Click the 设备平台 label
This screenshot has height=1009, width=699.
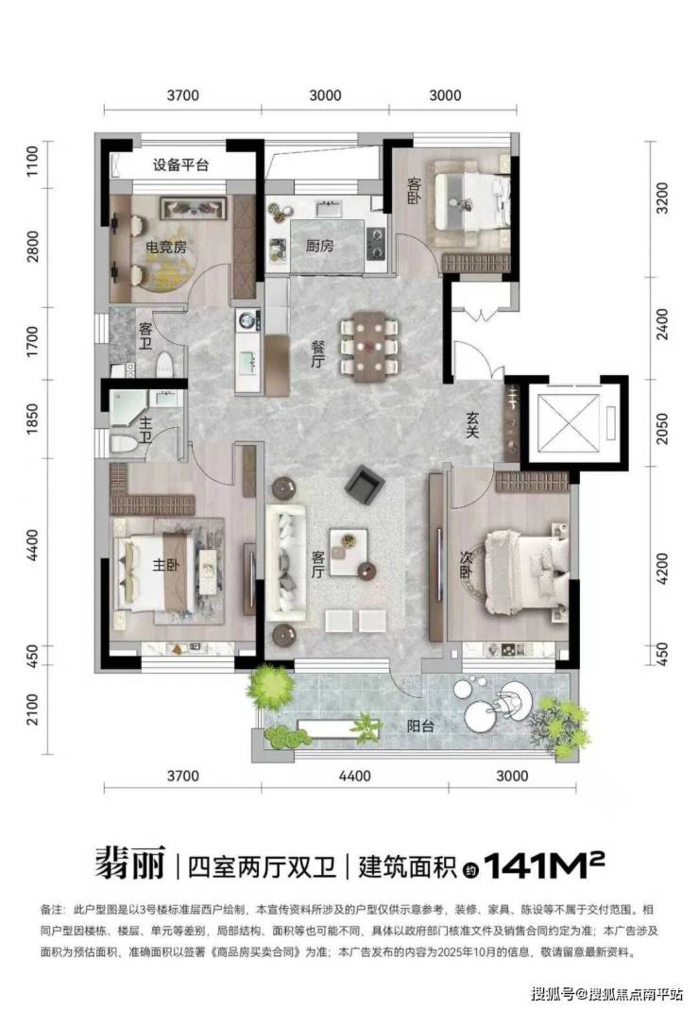pos(180,165)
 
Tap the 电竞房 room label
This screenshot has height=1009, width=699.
pos(166,247)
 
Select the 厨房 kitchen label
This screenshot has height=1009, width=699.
pos(320,246)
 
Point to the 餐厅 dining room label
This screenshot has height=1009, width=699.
pos(317,353)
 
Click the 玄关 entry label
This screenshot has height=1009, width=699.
pos(472,424)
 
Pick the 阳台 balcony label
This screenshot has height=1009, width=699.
pos(420,727)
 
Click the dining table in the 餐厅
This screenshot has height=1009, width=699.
pos(368,346)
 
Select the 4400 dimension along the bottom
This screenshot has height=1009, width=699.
pos(354,776)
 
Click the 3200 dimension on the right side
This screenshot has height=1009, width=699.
pos(662,198)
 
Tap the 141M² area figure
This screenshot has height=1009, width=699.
pos(544,865)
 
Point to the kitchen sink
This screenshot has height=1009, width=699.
pos(329,209)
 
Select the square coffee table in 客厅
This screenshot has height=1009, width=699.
pos(349,552)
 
